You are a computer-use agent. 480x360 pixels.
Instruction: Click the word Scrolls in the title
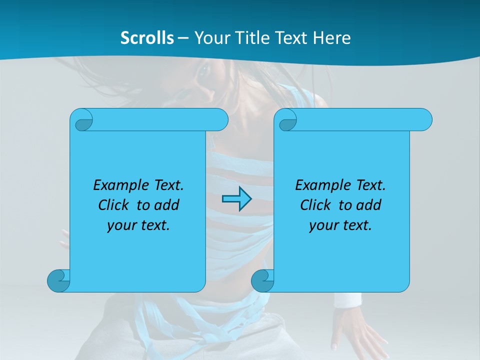click(147, 37)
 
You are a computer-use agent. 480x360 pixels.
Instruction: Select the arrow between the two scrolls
click(236, 199)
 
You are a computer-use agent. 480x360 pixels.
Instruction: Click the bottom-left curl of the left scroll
click(58, 280)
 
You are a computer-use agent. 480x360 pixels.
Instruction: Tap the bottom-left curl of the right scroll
click(262, 280)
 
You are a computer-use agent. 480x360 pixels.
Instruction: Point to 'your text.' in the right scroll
click(340, 225)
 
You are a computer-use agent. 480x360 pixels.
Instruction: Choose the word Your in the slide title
click(210, 37)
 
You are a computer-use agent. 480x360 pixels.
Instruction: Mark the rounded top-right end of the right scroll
click(422, 119)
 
